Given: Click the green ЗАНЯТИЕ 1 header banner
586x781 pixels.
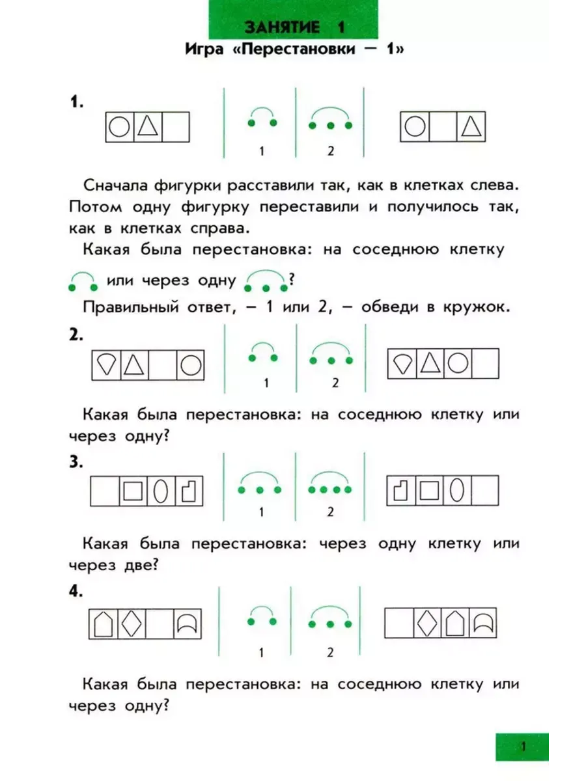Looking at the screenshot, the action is (293, 20).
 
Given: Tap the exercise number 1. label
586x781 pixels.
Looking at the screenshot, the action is (77, 102).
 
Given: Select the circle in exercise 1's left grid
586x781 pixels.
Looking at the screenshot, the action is (119, 127).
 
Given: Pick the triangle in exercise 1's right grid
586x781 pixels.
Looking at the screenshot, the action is (471, 126).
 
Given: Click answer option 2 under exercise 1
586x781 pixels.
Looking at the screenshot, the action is (331, 151).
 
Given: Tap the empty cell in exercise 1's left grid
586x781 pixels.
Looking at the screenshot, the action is (176, 127).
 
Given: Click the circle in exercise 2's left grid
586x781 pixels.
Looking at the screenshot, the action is (191, 365).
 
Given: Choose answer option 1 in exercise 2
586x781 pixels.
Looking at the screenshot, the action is (266, 383).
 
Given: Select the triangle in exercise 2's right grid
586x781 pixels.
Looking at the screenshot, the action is (430, 363).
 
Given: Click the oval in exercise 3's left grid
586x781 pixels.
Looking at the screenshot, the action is (160, 491).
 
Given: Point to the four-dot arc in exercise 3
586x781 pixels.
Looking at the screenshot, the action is (330, 482).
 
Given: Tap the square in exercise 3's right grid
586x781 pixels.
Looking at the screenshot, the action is (430, 490).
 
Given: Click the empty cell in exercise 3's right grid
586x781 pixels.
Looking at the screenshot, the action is (485, 490).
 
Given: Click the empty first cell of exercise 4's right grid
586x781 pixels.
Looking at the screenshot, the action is (399, 623).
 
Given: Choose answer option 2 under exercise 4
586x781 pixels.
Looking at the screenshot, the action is (330, 653).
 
